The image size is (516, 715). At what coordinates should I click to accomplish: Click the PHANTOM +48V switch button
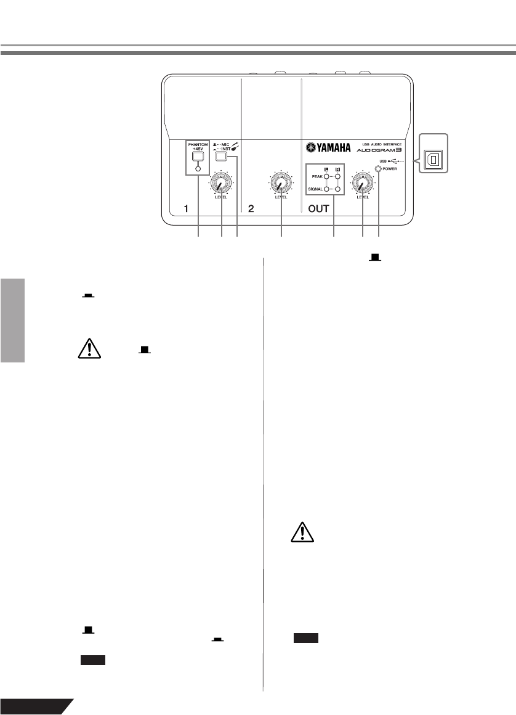click(198, 157)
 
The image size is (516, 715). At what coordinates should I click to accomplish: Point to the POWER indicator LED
click(379, 168)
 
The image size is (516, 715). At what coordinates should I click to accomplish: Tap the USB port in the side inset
click(434, 160)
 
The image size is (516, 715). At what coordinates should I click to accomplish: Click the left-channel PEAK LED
click(326, 176)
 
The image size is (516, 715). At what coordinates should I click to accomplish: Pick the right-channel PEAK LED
click(338, 176)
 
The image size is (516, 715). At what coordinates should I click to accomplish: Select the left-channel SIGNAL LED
click(326, 190)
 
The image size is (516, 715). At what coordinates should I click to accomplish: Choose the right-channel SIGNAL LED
click(338, 190)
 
